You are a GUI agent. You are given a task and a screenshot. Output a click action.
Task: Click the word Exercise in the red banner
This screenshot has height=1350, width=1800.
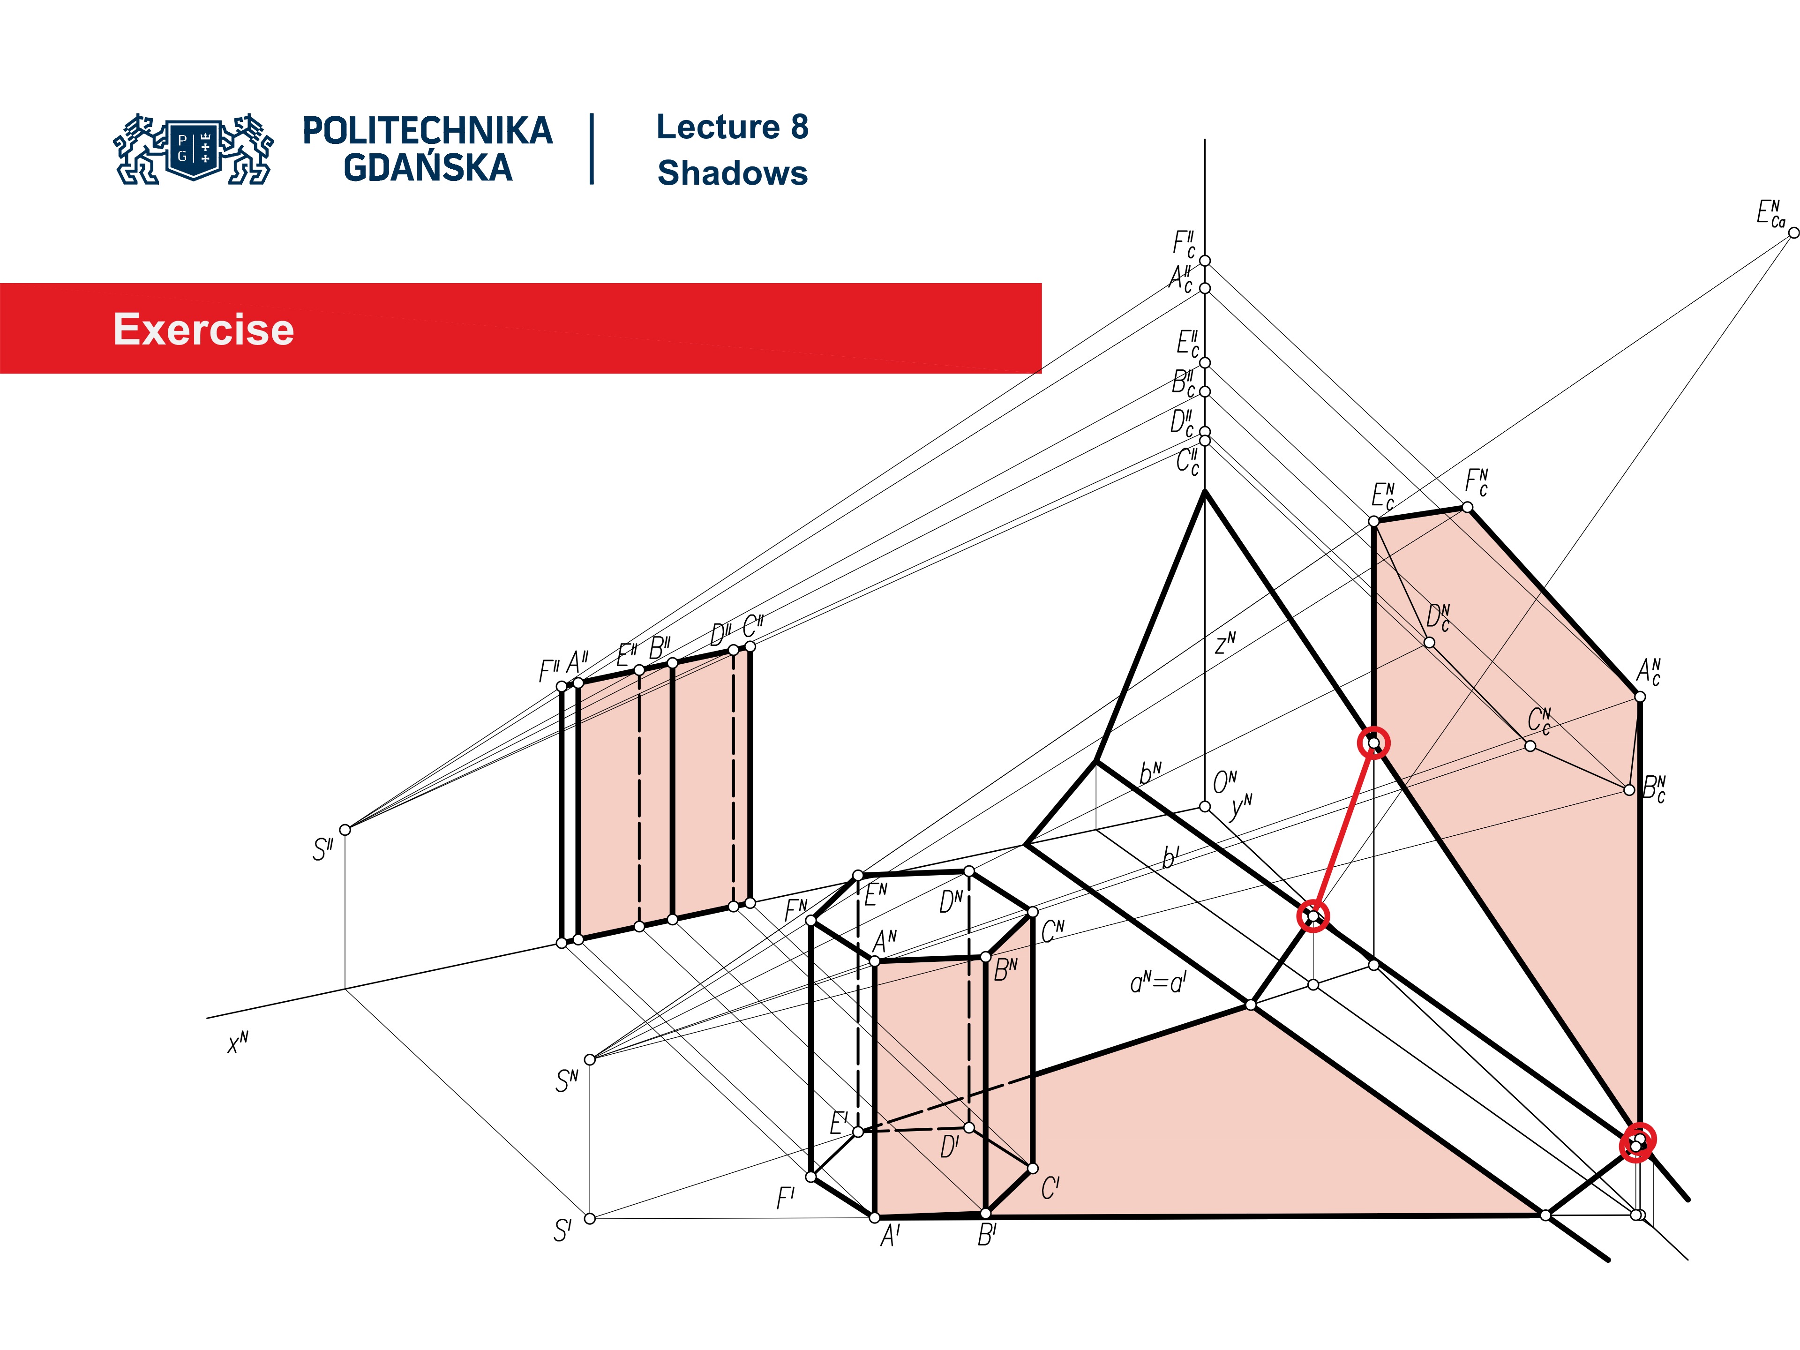[203, 330]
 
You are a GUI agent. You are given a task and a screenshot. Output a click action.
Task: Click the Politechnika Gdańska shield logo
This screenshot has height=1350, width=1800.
[194, 149]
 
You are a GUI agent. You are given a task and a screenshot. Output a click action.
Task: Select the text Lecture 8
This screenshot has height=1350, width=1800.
[732, 127]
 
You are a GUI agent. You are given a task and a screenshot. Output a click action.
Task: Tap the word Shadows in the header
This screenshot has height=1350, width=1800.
[732, 173]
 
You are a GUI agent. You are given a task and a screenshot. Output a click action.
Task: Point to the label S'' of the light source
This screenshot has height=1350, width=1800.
[322, 849]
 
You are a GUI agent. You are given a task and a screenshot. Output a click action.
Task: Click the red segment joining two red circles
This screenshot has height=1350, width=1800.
[1342, 830]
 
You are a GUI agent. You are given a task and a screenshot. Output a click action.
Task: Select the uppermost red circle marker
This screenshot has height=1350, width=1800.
[1373, 742]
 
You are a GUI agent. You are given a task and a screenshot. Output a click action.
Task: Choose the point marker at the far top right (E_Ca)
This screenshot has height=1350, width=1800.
[1792, 232]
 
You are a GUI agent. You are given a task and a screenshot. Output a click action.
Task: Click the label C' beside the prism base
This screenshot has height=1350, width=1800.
[1050, 1189]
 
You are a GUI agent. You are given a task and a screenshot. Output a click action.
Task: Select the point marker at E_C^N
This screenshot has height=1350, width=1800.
[1373, 521]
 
